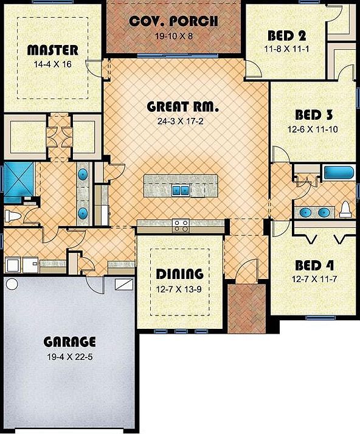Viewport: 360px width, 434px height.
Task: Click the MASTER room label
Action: pos(52,50)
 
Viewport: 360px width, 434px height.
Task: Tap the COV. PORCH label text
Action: pos(173,22)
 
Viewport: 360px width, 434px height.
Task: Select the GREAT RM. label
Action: pos(182,107)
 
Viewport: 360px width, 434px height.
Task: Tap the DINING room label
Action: pos(179,273)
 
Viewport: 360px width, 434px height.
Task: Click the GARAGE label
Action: pos(69,341)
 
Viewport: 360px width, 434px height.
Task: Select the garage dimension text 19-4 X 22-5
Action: pos(69,357)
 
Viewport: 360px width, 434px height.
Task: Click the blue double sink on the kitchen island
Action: pos(180,190)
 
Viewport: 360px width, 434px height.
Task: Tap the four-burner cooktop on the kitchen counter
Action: pos(181,226)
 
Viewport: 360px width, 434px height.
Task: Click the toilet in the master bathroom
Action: pos(13,216)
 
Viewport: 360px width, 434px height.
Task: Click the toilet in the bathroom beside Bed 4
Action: pos(345,210)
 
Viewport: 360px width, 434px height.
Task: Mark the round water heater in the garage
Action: pos(12,284)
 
